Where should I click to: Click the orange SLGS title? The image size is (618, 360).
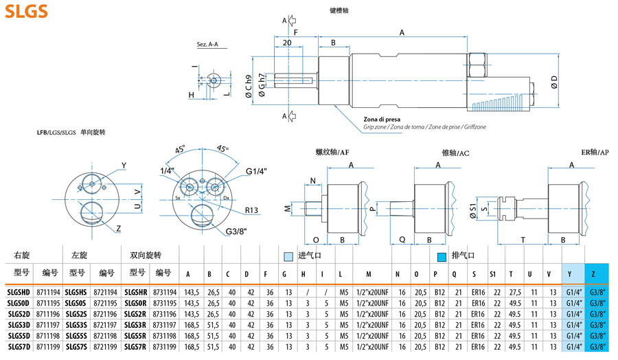[25, 11]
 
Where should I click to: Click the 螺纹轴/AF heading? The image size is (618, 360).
[332, 153]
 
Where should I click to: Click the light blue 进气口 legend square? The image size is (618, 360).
[288, 256]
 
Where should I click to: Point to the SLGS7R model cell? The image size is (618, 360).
[135, 347]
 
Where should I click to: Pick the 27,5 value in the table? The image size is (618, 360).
[511, 291]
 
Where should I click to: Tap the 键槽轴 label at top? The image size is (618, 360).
[340, 12]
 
